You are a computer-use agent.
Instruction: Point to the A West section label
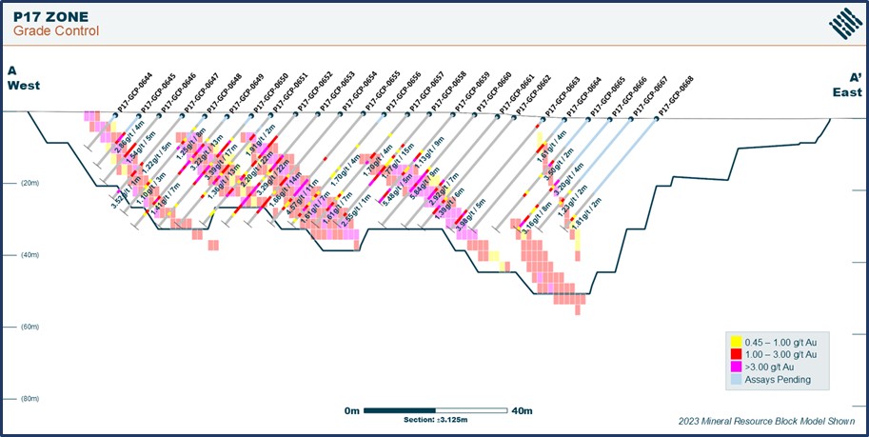pyautogui.click(x=20, y=78)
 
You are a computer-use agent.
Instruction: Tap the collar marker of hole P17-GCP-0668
pyautogui.click(x=656, y=119)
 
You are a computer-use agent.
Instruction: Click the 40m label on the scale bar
pyautogui.click(x=522, y=410)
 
